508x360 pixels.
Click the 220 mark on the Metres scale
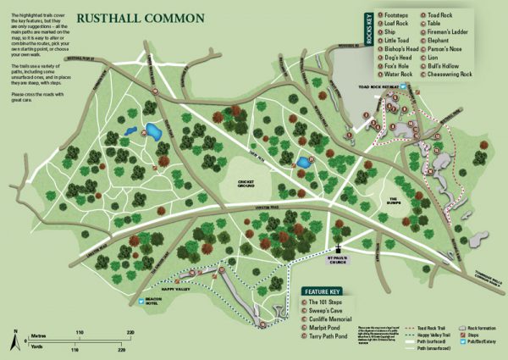[130, 333]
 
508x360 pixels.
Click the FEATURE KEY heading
[326, 291]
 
